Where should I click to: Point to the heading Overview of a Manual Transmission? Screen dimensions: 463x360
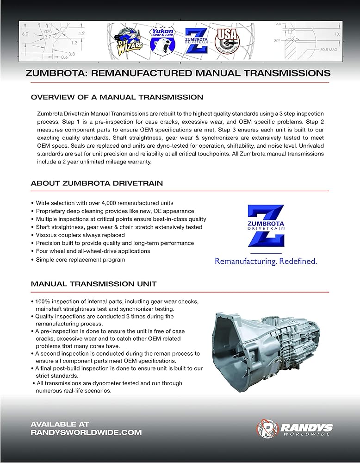(x=117, y=97)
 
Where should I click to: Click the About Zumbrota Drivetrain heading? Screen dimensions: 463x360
(x=97, y=183)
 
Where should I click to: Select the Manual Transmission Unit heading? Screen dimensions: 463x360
(x=93, y=284)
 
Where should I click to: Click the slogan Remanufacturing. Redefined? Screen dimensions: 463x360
(x=266, y=261)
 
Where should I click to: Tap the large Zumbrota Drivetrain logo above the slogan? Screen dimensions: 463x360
(x=266, y=226)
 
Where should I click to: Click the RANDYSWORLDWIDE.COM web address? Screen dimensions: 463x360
(x=86, y=432)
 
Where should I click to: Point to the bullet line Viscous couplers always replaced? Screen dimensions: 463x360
(x=80, y=235)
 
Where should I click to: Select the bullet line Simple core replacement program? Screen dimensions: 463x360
(x=80, y=260)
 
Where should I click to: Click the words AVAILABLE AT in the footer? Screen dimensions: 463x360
(x=60, y=424)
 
